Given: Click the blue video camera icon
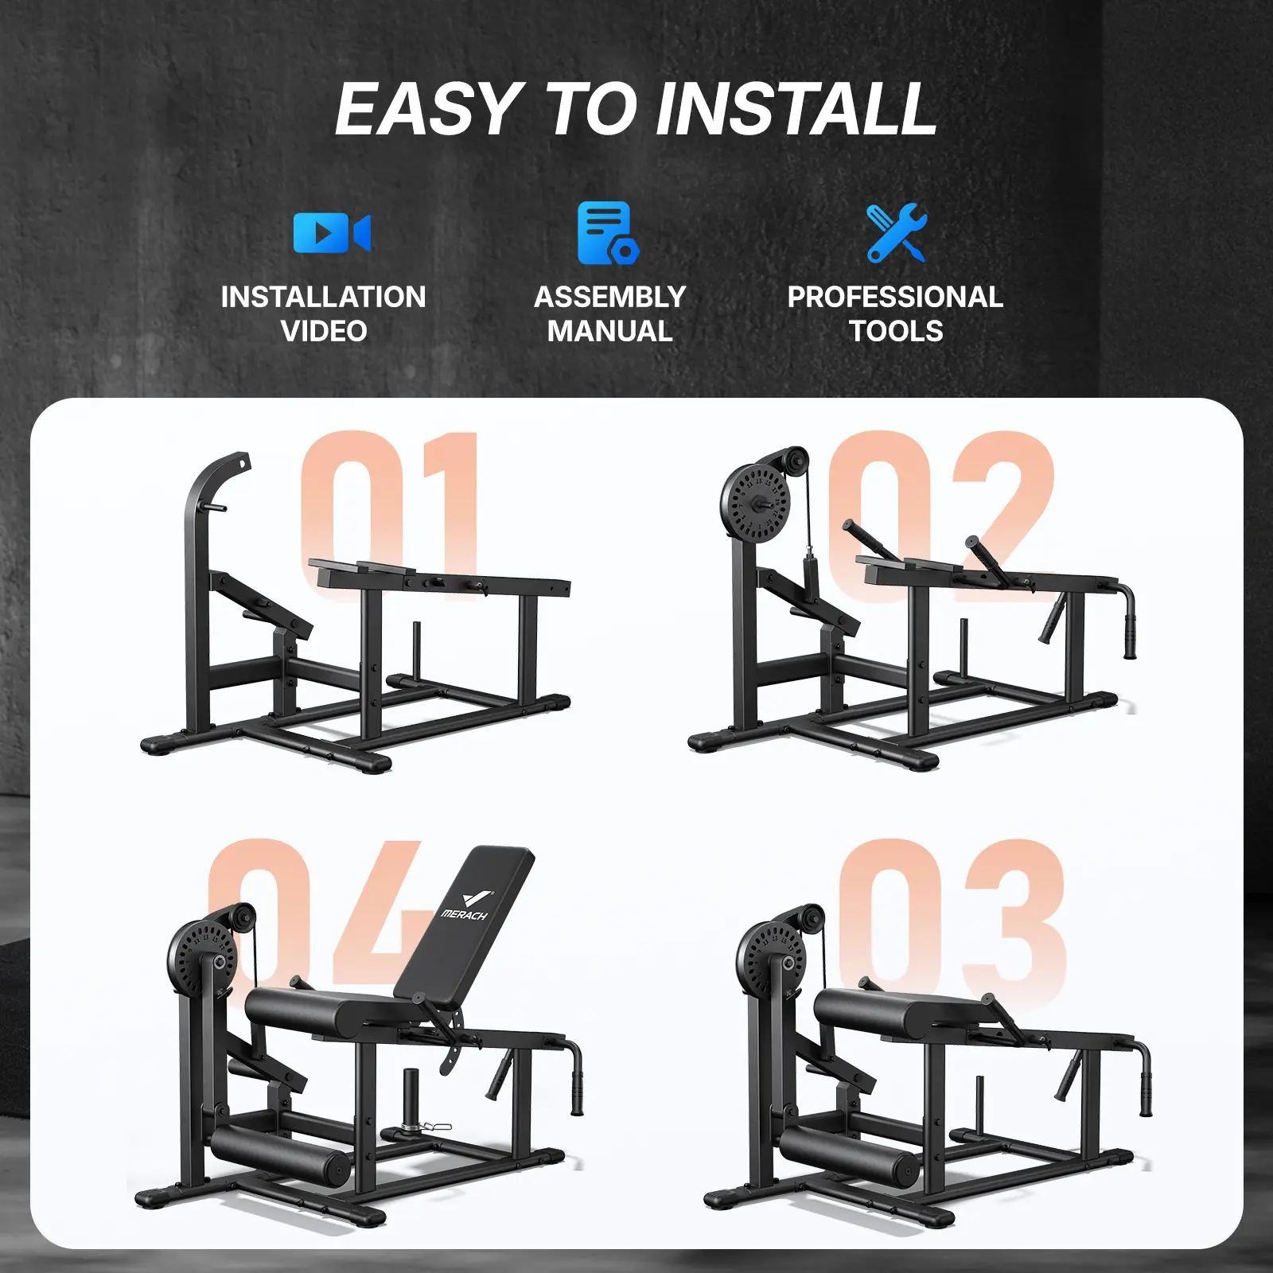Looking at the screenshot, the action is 332,233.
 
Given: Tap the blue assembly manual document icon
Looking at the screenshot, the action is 608,232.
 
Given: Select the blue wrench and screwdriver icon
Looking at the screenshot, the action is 897,232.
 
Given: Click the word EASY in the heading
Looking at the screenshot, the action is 427,109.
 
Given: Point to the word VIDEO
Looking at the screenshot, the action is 324,331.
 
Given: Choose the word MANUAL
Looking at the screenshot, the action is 610,331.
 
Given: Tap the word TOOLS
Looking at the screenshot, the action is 896,331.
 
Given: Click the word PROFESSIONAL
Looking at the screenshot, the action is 895,297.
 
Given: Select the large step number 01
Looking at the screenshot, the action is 390,513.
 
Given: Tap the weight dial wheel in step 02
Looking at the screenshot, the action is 756,503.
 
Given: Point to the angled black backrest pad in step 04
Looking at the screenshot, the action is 465,923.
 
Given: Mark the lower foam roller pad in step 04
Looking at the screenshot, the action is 280,1154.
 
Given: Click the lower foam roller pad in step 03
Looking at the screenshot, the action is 849,1154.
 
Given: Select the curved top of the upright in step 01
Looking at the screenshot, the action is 216,475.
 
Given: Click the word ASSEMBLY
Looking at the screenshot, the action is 610,297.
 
